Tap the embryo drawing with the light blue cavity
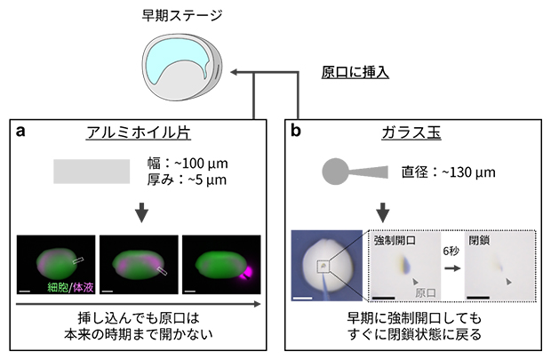(x=181, y=69)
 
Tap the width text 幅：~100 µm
(x=186, y=164)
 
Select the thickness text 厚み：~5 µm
(x=186, y=182)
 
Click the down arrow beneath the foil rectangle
(x=140, y=213)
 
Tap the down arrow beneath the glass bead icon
(x=383, y=213)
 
